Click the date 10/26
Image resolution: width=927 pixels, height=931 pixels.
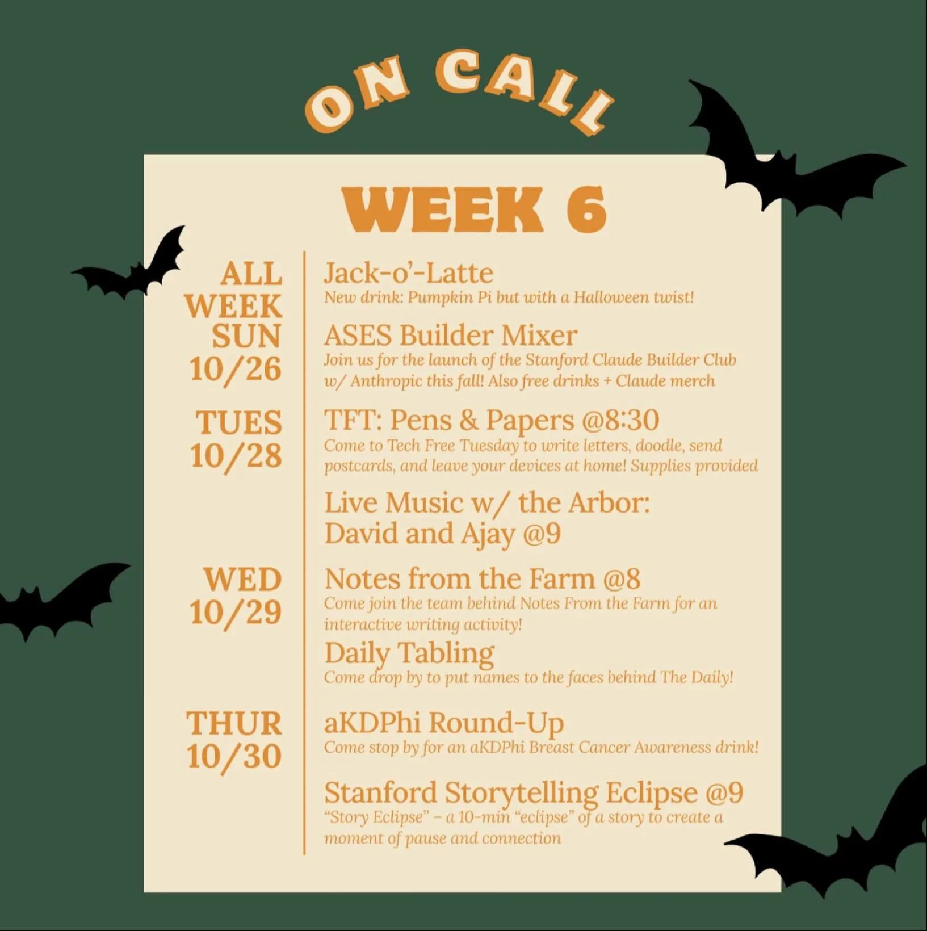tap(236, 370)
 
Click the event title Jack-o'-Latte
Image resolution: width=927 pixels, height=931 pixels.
tap(408, 273)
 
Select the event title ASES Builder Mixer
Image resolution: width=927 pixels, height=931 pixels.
tap(450, 336)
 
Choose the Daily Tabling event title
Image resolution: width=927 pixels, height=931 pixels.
tap(409, 653)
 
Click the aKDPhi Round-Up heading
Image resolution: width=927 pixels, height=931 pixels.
tap(444, 723)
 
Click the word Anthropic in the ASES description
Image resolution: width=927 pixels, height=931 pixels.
tap(386, 381)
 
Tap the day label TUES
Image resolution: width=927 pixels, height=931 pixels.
tap(239, 423)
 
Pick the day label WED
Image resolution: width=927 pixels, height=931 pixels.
tap(242, 580)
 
